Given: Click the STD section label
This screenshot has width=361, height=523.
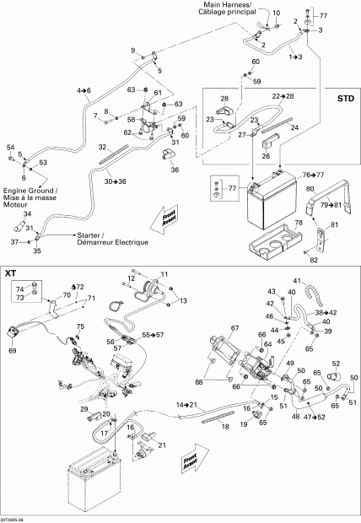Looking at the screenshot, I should click(345, 99).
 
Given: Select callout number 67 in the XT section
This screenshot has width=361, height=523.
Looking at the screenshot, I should click(235, 328).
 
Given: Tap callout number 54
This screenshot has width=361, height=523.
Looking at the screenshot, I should click(11, 148).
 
